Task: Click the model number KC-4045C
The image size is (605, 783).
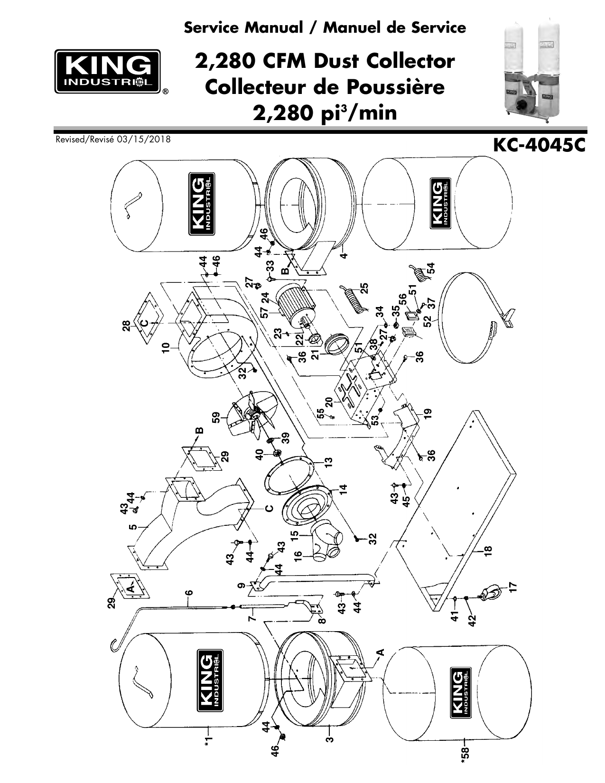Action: tap(539, 146)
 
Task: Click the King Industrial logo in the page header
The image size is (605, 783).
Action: tap(107, 71)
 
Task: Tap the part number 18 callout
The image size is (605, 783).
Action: tap(487, 551)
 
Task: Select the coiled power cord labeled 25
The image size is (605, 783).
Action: tap(354, 298)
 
